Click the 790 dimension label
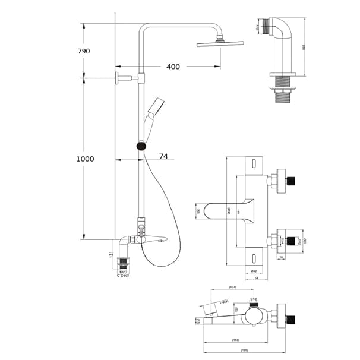click(84, 51)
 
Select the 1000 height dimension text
click(86, 159)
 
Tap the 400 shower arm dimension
click(173, 67)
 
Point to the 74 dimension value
click(163, 156)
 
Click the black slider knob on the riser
click(141, 146)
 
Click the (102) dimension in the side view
click(232, 287)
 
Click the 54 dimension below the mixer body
click(255, 278)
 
